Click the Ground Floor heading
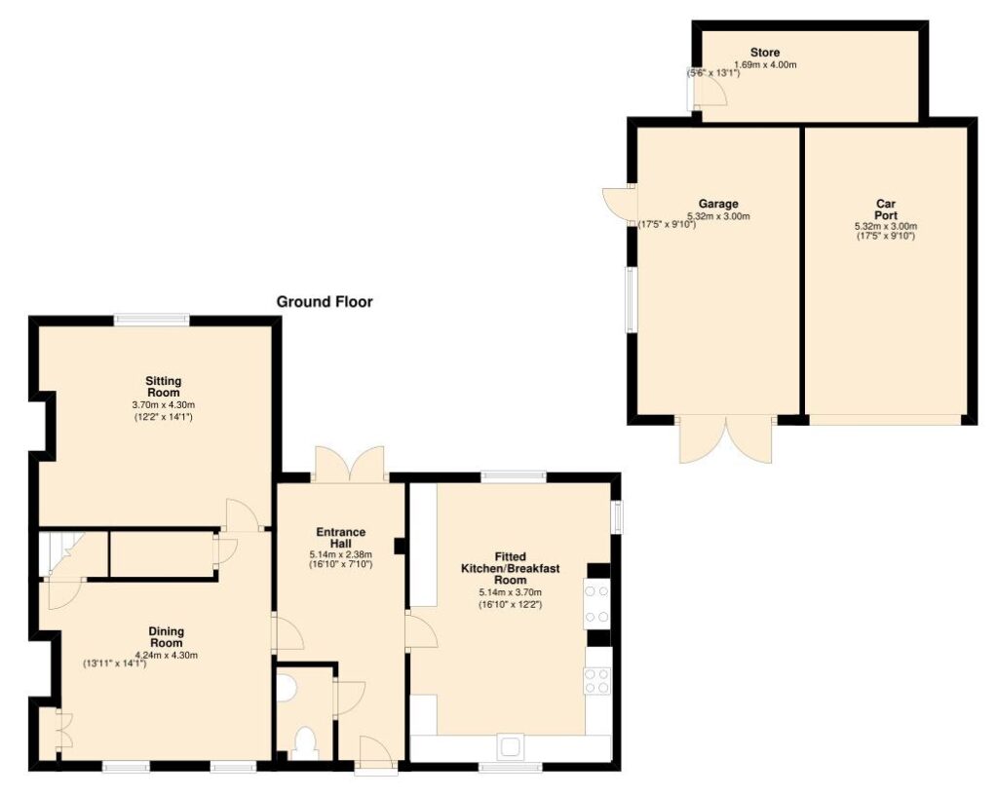coord(324,302)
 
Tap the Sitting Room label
coord(164,387)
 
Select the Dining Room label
coord(166,637)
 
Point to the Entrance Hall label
coord(341,538)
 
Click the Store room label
coord(765,53)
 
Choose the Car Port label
coord(886,209)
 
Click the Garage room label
coord(718,204)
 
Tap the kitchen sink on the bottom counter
coord(510,747)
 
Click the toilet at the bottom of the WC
coord(306,742)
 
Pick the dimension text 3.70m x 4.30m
coord(164,404)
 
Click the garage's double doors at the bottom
coord(726,439)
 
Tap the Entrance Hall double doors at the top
coord(350,463)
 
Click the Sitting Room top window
coord(151,320)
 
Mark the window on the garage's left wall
coord(632,299)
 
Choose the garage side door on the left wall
coord(619,203)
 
